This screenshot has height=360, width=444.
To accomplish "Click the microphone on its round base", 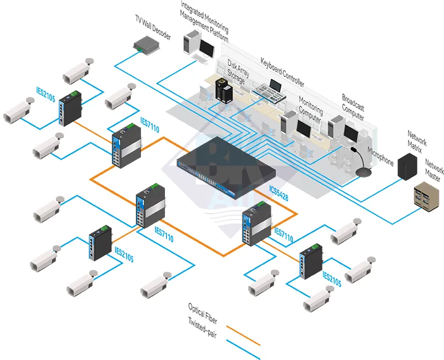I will click(364, 171).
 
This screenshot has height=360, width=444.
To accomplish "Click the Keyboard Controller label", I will click(282, 72).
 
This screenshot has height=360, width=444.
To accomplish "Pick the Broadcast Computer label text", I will click(353, 107).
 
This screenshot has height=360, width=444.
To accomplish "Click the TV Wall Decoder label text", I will click(153, 27).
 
